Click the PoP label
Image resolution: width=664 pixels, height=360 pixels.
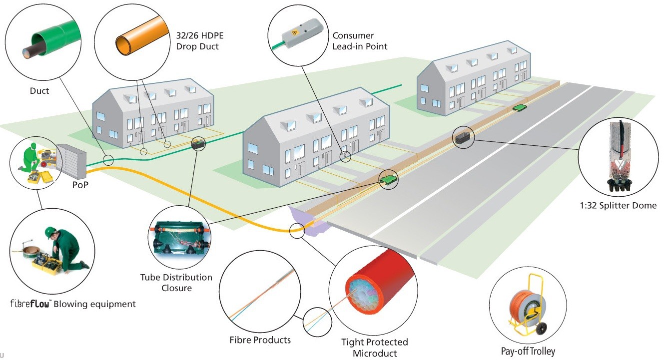tap(80, 185)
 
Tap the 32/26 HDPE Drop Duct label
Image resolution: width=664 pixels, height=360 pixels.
tap(200, 41)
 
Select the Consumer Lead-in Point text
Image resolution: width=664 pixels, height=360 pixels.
tap(360, 41)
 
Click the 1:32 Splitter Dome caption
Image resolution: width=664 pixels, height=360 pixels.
tap(618, 205)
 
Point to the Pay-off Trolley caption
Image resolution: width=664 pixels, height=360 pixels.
tap(528, 351)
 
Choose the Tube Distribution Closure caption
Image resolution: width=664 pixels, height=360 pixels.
tap(176, 283)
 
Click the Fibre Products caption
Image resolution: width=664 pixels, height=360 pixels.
tap(260, 340)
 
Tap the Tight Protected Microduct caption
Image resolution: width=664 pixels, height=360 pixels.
tap(375, 348)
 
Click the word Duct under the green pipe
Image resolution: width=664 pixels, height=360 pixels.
tap(39, 91)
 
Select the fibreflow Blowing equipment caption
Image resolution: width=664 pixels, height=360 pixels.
tap(73, 304)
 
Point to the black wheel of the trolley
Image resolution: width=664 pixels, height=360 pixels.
tap(541, 329)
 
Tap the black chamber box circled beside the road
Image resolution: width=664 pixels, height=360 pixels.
tap(463, 137)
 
